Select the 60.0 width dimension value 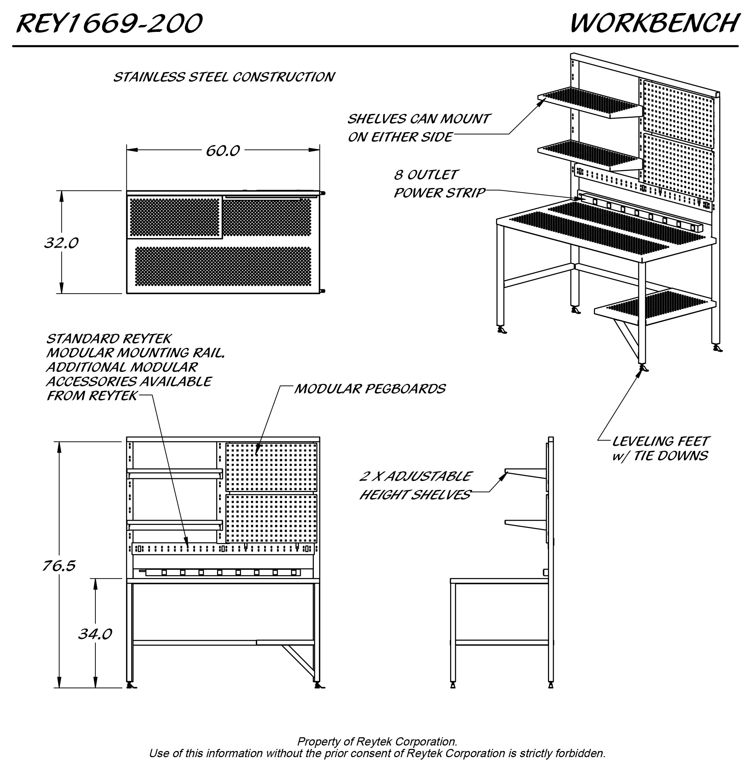[x=222, y=151]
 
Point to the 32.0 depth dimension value [x=61, y=243]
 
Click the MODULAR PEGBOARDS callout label [x=369, y=389]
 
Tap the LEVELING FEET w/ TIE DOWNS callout [x=660, y=449]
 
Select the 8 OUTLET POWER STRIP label [x=439, y=184]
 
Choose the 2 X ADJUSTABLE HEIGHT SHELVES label [x=415, y=485]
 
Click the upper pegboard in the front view [x=271, y=467]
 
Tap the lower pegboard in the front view [x=271, y=518]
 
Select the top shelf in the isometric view [x=589, y=102]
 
